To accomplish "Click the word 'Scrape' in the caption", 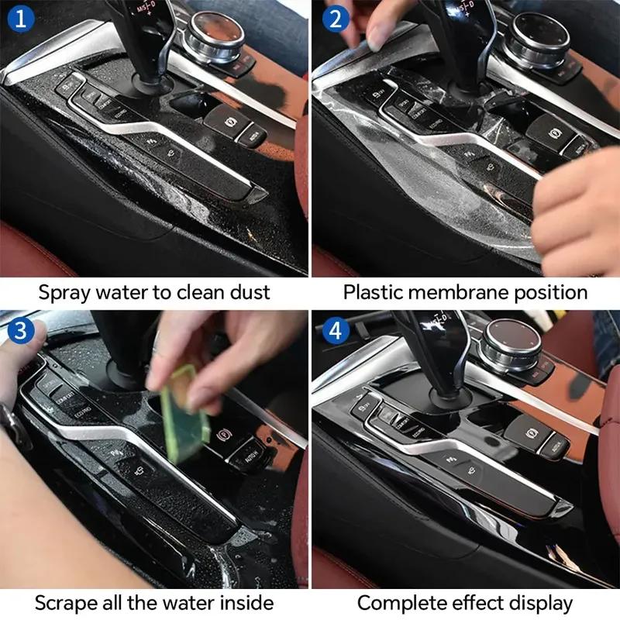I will (x=63, y=602).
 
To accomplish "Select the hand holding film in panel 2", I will (x=577, y=209).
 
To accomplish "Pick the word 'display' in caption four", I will (x=545, y=602).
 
